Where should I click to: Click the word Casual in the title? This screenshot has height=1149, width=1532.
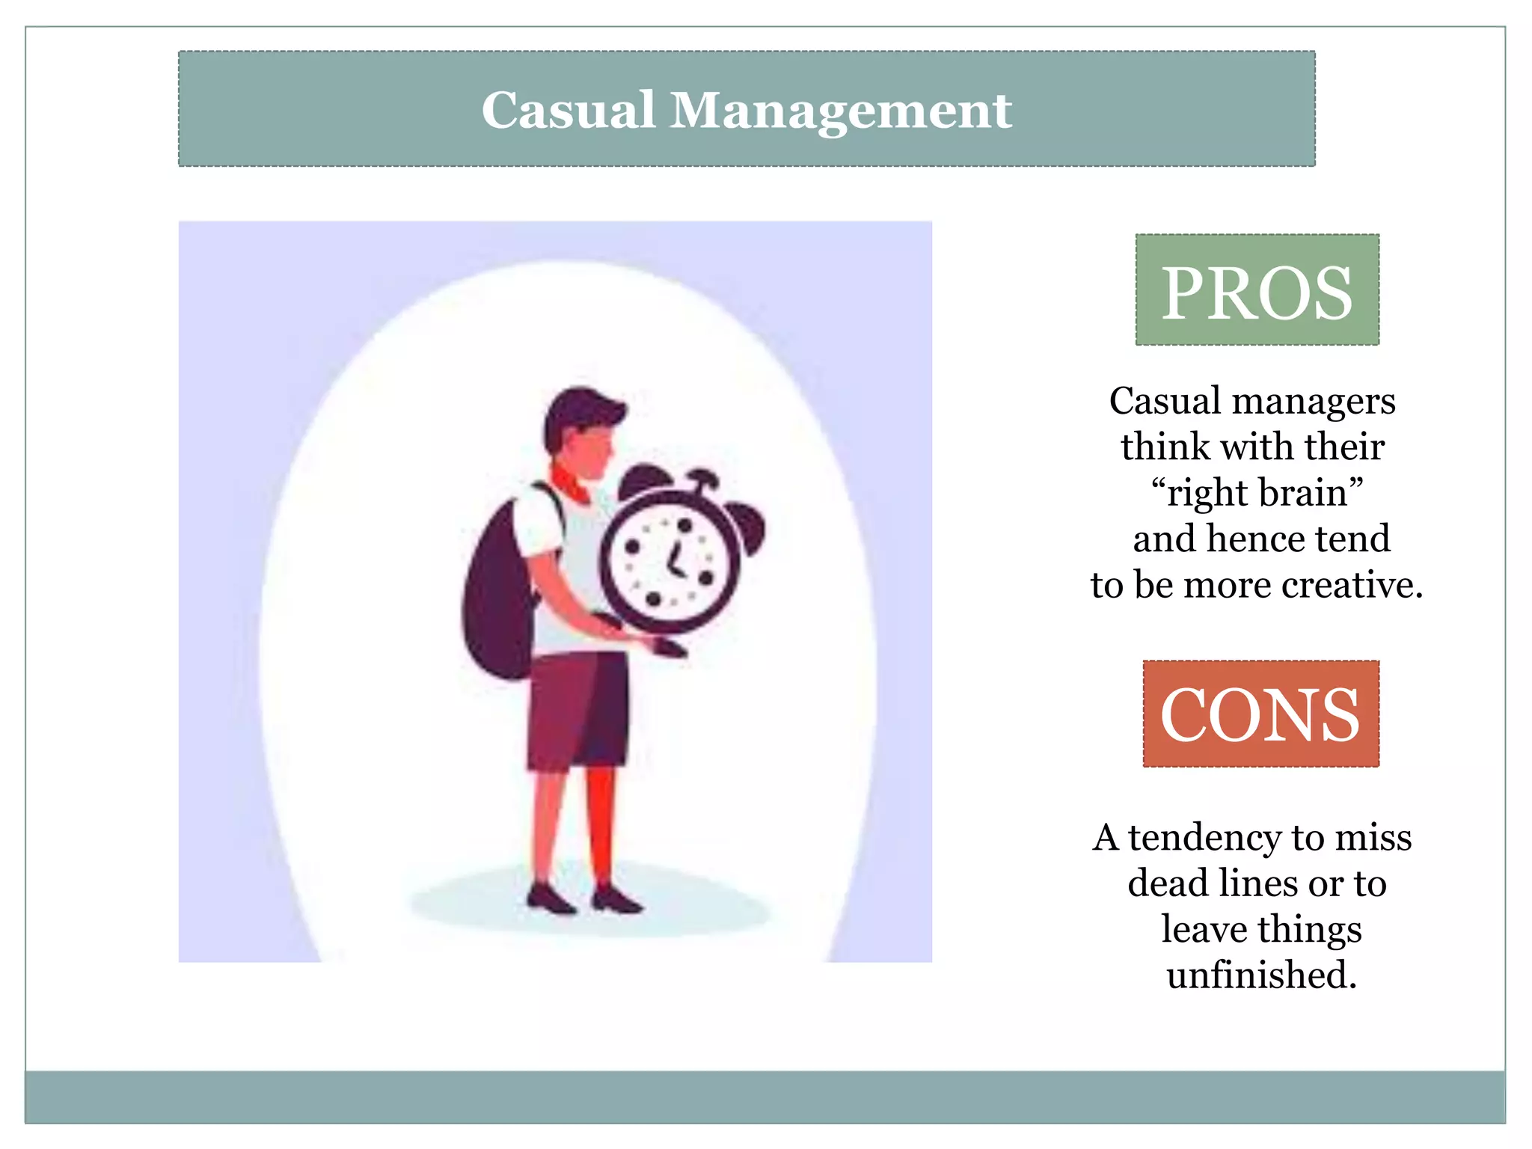point(569,111)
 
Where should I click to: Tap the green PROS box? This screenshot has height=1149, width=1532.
point(1257,290)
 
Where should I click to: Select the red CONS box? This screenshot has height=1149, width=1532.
point(1260,714)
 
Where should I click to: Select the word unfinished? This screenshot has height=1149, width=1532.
point(1261,975)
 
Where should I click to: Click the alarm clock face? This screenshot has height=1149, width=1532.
point(670,561)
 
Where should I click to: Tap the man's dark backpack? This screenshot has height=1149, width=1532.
point(497,598)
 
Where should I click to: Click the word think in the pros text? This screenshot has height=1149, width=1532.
point(1165,447)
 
